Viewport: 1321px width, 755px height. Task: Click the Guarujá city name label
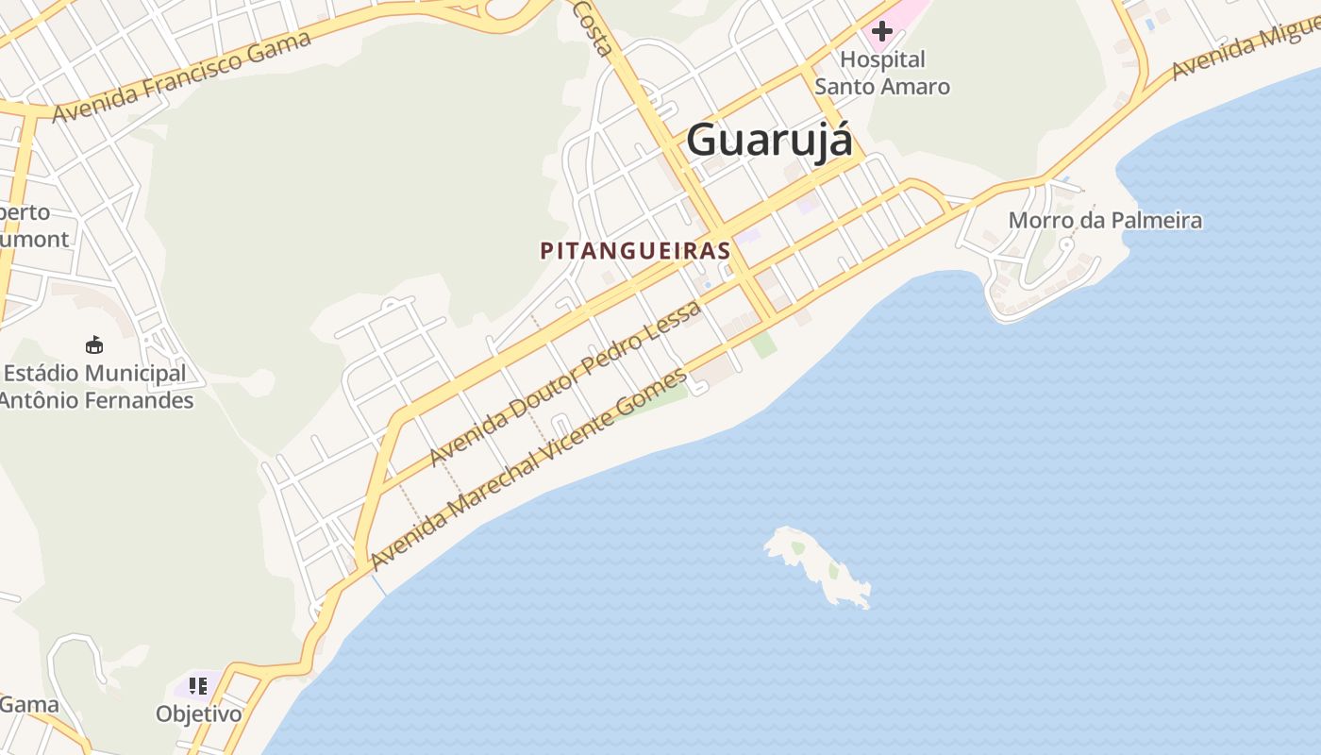(x=769, y=140)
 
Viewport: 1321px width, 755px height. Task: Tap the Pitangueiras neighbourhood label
(x=635, y=251)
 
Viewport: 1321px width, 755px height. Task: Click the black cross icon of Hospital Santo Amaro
(x=881, y=30)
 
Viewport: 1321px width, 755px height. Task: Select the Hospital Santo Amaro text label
(x=882, y=73)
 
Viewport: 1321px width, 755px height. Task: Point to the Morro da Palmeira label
(x=1105, y=221)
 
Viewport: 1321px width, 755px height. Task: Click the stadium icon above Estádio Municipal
(x=94, y=344)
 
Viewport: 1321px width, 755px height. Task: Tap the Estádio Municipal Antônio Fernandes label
(x=95, y=387)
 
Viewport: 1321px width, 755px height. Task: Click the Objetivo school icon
(x=197, y=686)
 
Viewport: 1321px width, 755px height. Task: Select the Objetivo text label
(x=199, y=713)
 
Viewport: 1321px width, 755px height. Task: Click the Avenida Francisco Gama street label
(x=181, y=77)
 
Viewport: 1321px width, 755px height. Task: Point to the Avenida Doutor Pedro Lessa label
(x=565, y=383)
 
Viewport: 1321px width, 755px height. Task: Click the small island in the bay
(x=818, y=564)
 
